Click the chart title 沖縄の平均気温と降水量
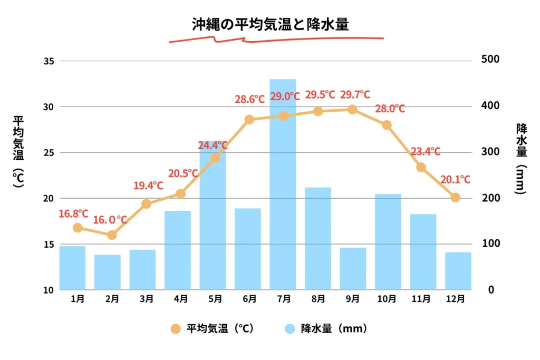270,24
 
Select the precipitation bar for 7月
283,184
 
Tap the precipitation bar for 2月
108,272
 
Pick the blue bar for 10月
388,241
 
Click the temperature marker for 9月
352,110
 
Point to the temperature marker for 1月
78,228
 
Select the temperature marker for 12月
456,198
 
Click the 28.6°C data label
249,99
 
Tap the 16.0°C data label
110,220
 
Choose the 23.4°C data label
425,152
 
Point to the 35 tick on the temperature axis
49,61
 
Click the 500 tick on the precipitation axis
490,60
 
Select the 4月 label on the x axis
180,299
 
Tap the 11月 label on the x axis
421,299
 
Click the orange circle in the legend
176,329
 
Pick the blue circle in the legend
290,329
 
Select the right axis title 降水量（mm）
521,158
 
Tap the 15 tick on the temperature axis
49,245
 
